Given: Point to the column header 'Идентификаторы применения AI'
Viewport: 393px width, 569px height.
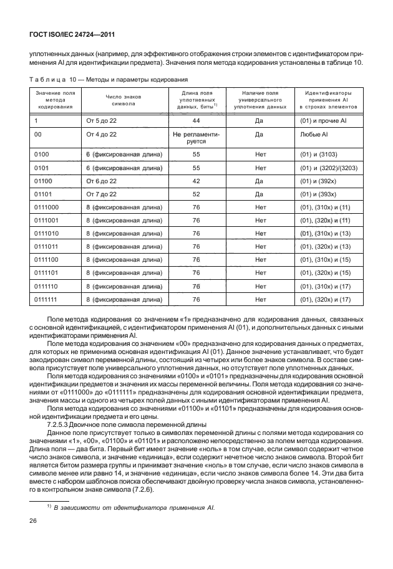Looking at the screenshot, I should [332, 100].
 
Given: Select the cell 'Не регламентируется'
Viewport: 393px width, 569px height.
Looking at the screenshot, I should [196, 137].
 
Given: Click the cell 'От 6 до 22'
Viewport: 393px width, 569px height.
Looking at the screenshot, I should [101, 181].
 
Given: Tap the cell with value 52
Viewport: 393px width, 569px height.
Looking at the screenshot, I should [196, 194].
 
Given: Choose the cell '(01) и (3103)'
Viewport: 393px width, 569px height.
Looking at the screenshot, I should [319, 155].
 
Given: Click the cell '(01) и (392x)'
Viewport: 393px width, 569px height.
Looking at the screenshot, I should [319, 181].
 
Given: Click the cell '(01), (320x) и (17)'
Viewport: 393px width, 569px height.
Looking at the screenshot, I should [326, 299].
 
